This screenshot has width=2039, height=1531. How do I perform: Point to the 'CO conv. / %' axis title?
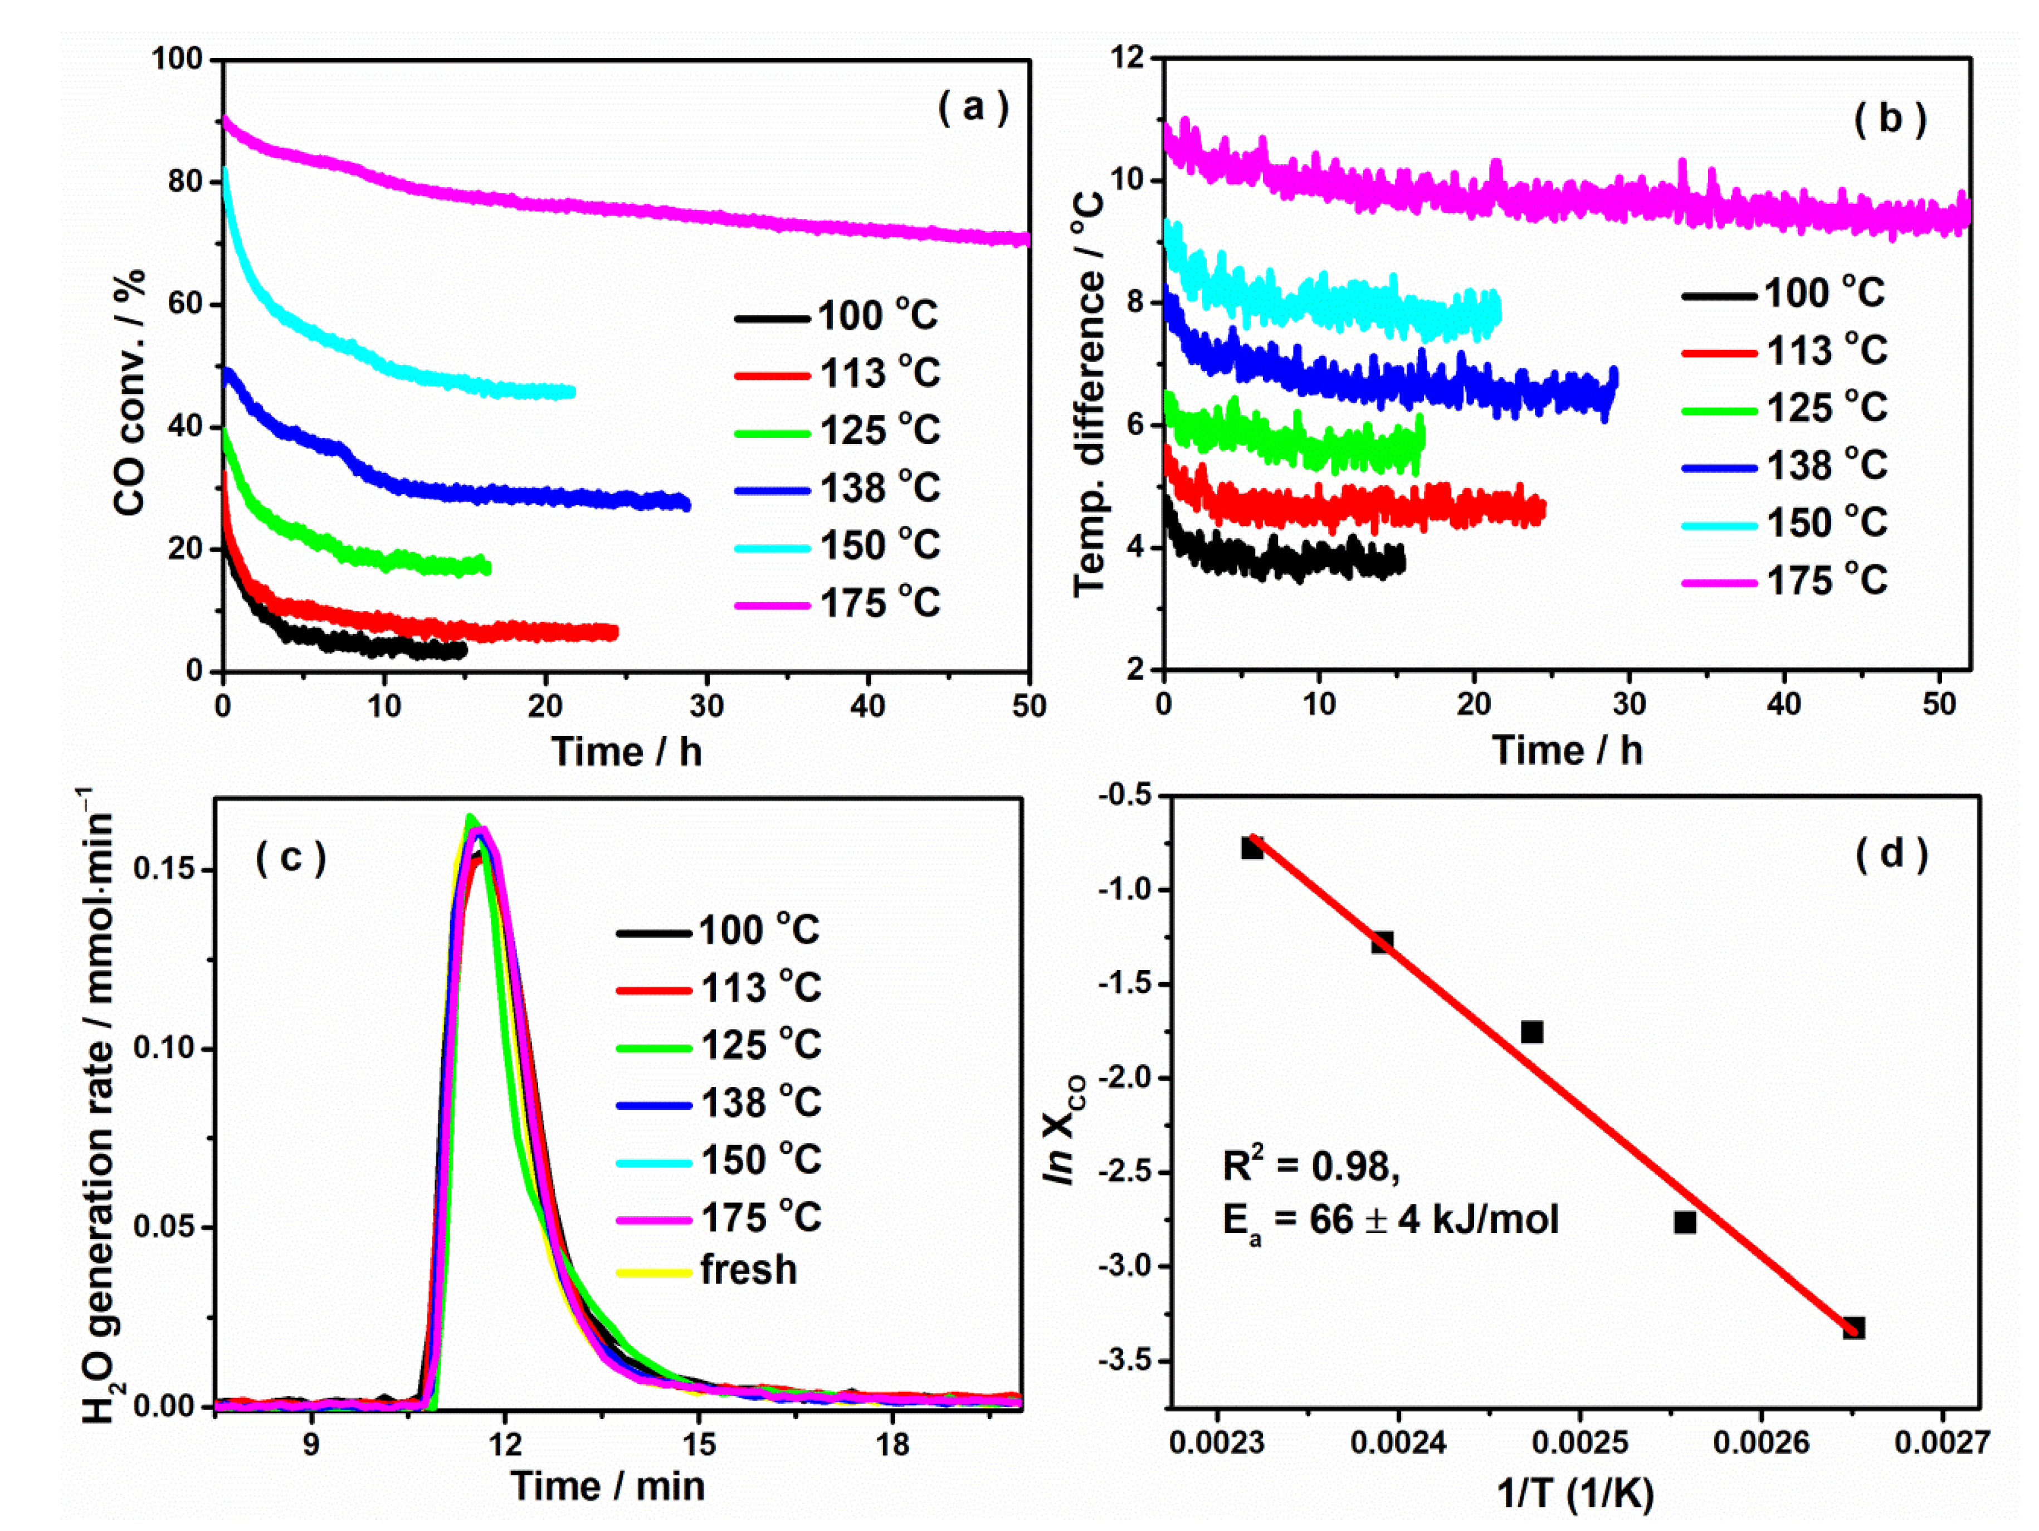pyautogui.click(x=130, y=392)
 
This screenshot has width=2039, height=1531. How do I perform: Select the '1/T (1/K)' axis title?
pyautogui.click(x=1575, y=1493)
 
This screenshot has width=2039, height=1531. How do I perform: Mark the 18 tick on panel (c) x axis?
pyautogui.click(x=893, y=1444)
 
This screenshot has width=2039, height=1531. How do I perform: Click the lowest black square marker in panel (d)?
pyautogui.click(x=1853, y=1327)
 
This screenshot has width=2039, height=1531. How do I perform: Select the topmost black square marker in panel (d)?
pyautogui.click(x=1252, y=847)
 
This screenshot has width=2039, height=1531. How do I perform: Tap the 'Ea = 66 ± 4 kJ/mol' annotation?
pyautogui.click(x=1390, y=1220)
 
